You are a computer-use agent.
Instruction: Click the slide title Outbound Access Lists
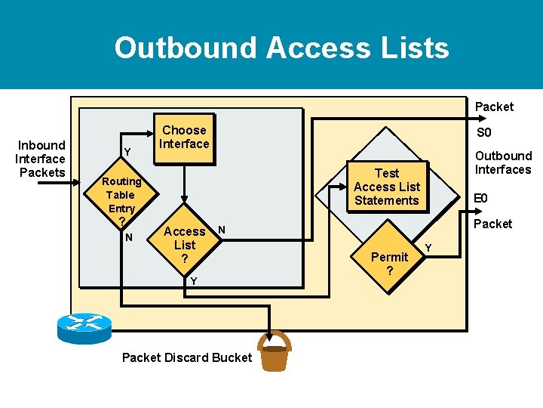tap(281, 48)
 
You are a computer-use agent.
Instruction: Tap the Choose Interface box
tap(185, 137)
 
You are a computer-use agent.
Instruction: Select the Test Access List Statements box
tap(386, 187)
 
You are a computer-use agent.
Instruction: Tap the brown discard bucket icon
tap(274, 352)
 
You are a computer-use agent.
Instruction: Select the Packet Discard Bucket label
tap(186, 357)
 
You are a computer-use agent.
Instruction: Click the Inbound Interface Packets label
tap(41, 159)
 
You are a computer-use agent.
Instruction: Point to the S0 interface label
tap(483, 133)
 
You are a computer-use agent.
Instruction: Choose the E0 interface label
tap(480, 199)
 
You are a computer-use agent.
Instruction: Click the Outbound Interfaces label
tap(502, 162)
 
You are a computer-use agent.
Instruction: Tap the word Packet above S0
tap(494, 107)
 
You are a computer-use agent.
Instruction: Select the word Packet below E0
tap(492, 224)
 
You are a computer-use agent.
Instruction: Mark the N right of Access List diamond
tap(221, 229)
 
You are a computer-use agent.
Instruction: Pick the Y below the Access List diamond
tap(193, 281)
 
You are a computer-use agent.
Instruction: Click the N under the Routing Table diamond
tap(129, 237)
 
